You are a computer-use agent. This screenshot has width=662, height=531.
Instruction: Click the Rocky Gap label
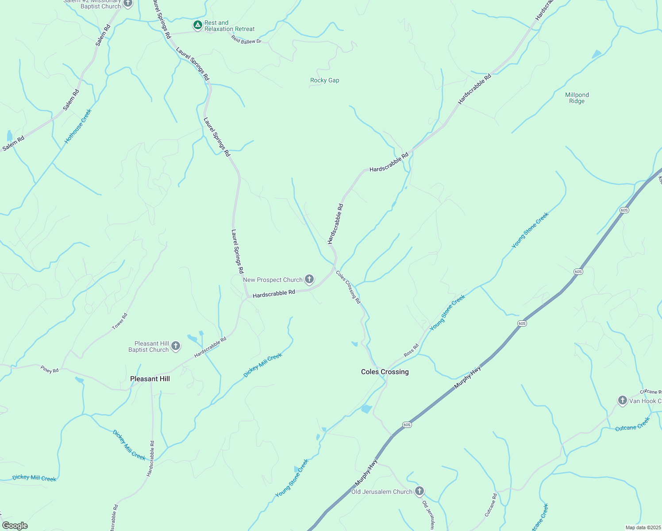(x=325, y=81)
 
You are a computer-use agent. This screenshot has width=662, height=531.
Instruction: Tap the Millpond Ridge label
(x=577, y=98)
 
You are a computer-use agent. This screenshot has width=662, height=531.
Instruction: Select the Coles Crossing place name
(x=385, y=372)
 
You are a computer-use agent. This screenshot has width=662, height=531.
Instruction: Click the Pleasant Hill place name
(x=150, y=379)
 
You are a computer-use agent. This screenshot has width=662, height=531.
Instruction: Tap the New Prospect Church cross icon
(x=310, y=279)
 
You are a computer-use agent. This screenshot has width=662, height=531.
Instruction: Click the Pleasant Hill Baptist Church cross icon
(x=176, y=346)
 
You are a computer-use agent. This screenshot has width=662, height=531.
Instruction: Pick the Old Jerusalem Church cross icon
(x=420, y=491)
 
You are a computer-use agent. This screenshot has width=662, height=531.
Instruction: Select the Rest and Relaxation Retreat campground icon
(x=198, y=25)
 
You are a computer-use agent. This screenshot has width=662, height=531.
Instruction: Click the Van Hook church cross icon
(x=623, y=401)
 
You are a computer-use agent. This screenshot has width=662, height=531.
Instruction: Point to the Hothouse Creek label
(x=78, y=126)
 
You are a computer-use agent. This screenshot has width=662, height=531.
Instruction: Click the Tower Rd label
(x=119, y=322)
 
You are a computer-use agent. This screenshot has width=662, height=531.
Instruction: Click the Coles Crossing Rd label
(x=348, y=287)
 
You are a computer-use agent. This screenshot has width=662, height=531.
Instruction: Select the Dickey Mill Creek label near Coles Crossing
(x=263, y=366)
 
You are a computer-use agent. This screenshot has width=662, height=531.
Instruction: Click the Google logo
(x=15, y=526)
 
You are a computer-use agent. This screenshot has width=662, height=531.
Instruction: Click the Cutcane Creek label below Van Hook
(x=632, y=424)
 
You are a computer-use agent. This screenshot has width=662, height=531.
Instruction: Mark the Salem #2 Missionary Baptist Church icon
(x=128, y=4)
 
